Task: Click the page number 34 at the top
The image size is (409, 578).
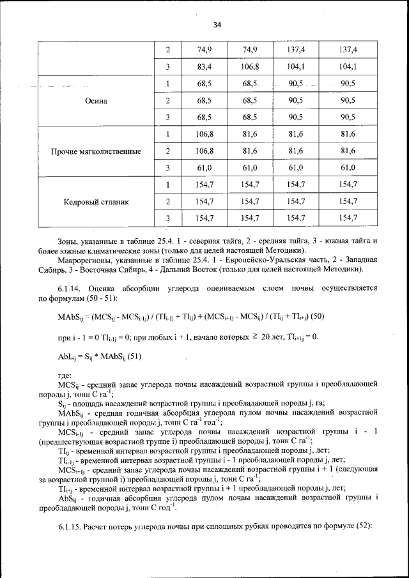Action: tap(217, 26)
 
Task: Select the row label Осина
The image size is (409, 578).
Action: tap(96, 101)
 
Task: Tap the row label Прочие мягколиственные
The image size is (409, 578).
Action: tap(96, 151)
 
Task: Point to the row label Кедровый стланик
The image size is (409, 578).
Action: tap(96, 202)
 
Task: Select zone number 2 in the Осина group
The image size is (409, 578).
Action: tap(167, 101)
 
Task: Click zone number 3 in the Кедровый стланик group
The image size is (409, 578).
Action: tap(167, 218)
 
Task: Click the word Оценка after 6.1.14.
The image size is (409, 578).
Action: tap(103, 289)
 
